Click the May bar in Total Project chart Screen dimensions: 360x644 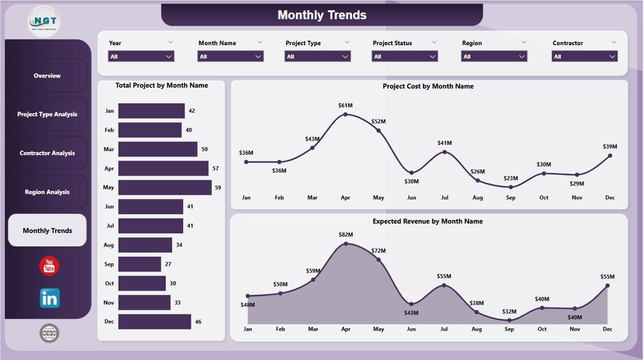point(165,187)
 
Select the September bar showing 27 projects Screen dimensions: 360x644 point(139,264)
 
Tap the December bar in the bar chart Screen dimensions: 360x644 point(154,322)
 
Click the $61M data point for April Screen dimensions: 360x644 point(345,114)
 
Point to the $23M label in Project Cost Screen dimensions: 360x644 point(511,178)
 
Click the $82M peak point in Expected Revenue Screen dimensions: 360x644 point(346,244)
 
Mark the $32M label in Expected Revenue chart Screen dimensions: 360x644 point(510,311)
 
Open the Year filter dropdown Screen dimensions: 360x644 point(141,56)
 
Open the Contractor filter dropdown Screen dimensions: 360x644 point(585,56)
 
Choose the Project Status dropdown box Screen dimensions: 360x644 point(405,56)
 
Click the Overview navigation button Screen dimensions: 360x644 point(47,76)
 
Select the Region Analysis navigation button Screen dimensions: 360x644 point(47,192)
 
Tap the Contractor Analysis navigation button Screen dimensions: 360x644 point(47,153)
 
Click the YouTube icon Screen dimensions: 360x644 point(49,266)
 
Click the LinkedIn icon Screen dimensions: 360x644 point(49,298)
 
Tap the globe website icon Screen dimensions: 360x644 point(49,333)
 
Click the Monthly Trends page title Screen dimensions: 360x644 point(322,15)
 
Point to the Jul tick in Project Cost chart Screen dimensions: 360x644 point(445,198)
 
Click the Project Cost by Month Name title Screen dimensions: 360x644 point(428,86)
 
